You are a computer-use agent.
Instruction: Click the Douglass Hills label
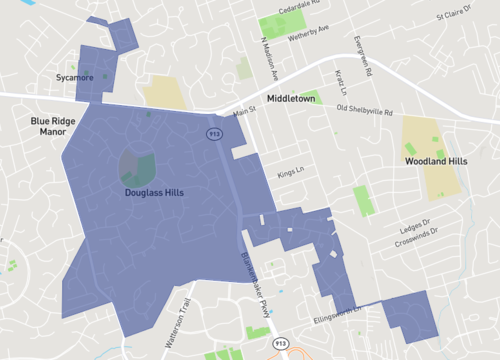[154, 192]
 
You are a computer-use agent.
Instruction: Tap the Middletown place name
[291, 99]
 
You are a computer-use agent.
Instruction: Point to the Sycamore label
[75, 77]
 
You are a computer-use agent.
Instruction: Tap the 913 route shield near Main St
[214, 132]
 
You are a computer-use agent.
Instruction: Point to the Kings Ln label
[290, 172]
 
